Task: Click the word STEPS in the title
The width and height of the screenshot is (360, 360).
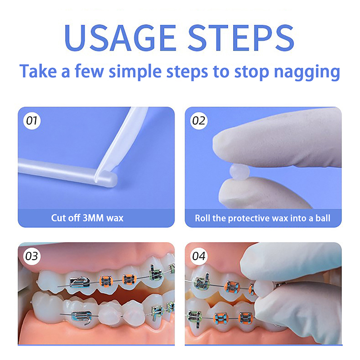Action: (x=241, y=37)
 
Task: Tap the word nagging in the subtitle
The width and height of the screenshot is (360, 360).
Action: (x=307, y=72)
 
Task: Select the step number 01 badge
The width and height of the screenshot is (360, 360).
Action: (x=32, y=121)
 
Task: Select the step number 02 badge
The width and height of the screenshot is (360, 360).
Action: (x=199, y=121)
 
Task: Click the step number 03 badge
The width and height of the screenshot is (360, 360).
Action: (x=32, y=256)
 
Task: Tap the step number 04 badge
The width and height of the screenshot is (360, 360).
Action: (x=199, y=256)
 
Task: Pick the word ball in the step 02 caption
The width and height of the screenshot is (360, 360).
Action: (x=323, y=218)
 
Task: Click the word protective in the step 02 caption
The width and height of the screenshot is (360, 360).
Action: (x=247, y=218)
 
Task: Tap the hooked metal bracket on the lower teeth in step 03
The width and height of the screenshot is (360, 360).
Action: (x=82, y=317)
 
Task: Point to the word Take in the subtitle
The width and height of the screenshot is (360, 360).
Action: (x=38, y=72)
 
